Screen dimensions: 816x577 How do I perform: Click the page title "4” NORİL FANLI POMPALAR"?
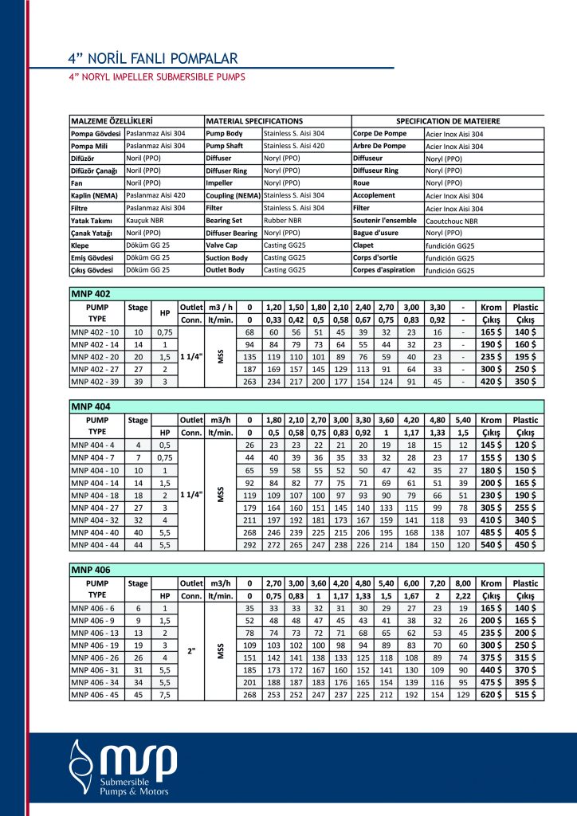click(152, 58)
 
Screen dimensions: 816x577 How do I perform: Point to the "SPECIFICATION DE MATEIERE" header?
click(447, 120)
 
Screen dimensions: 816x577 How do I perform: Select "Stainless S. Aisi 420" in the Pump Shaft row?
click(294, 146)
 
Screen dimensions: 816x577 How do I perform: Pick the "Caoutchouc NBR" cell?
click(452, 221)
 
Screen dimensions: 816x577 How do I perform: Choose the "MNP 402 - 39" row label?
click(95, 381)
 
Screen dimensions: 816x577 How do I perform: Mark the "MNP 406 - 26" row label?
click(95, 657)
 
